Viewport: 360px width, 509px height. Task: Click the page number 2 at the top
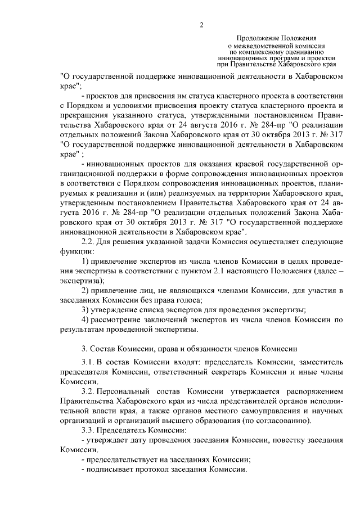pos(201,23)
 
